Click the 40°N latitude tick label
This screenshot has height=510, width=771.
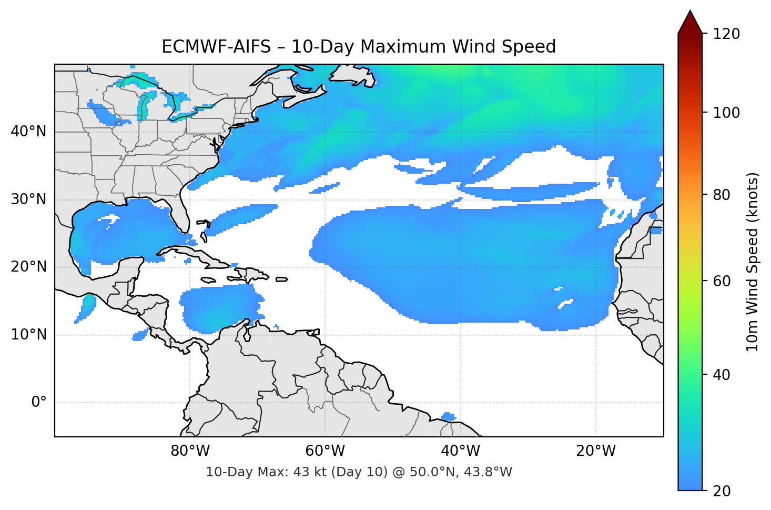28,132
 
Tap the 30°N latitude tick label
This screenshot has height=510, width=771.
28,199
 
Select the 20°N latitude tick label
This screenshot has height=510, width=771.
28,267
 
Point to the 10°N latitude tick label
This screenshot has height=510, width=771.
28,335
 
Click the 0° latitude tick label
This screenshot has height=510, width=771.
39,403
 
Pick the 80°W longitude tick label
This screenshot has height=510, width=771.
190,451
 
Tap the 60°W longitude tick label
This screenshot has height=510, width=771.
325,451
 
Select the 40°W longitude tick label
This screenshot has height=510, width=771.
460,451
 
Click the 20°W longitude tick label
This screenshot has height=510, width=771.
595,451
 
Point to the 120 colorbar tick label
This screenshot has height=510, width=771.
726,34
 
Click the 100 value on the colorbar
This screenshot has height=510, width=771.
726,113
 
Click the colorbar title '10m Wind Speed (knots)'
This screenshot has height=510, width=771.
753,262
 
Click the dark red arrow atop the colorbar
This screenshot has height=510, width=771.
690,22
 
